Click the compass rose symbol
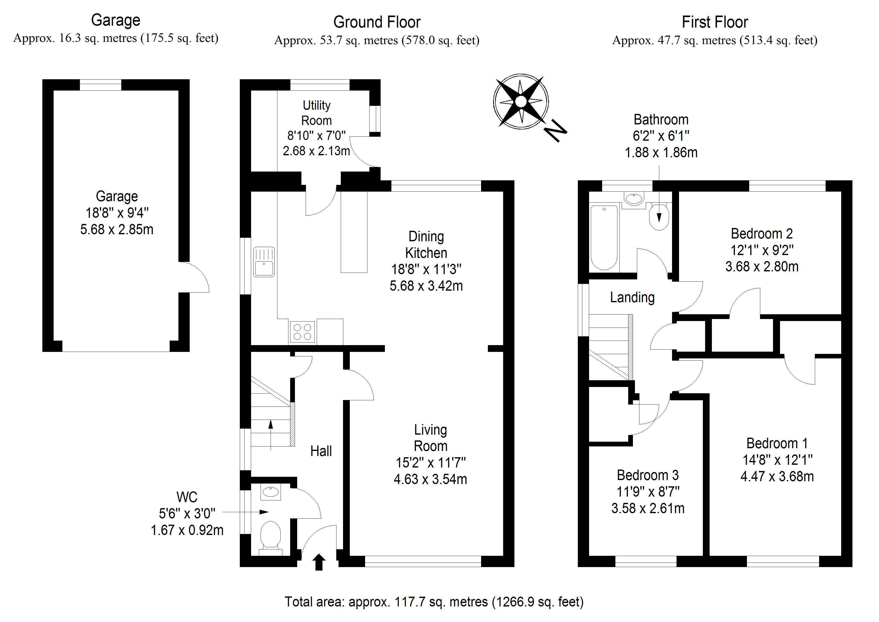[521, 102]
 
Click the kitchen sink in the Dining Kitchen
[264, 262]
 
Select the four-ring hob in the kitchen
[302, 332]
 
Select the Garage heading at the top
[116, 20]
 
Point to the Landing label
[632, 297]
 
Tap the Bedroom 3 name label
[648, 475]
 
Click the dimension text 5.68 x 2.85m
[117, 229]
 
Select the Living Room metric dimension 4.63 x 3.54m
[430, 479]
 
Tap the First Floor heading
[715, 22]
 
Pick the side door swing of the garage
[194, 277]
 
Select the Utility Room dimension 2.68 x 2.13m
[316, 151]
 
